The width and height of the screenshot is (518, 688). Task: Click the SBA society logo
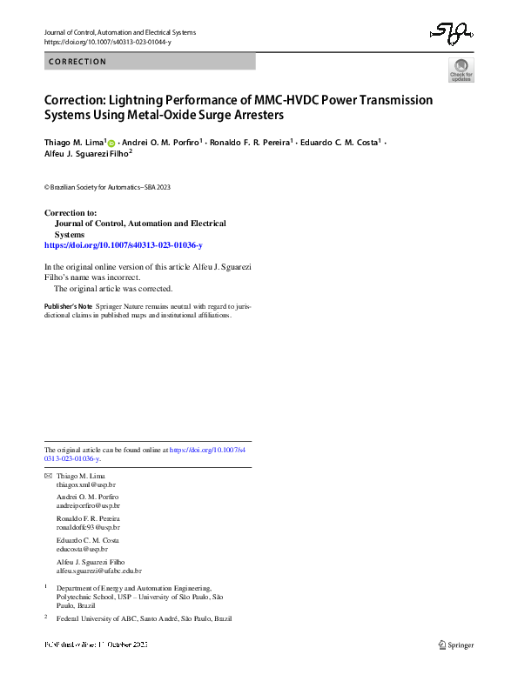452,35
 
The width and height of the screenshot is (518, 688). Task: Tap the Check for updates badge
461,70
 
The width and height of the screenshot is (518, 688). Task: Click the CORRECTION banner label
78,62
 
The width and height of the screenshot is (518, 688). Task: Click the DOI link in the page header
107,42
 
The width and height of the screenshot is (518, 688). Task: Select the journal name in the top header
120,32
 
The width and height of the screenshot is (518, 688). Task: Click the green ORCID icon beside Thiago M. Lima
111,142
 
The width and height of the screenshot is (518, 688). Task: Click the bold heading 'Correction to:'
71,213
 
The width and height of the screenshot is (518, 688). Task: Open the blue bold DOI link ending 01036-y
123,246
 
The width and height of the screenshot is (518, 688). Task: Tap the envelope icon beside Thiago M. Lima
48,478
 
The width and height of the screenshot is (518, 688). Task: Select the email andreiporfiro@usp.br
88,505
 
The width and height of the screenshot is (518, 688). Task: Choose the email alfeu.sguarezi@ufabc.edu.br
98,571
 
